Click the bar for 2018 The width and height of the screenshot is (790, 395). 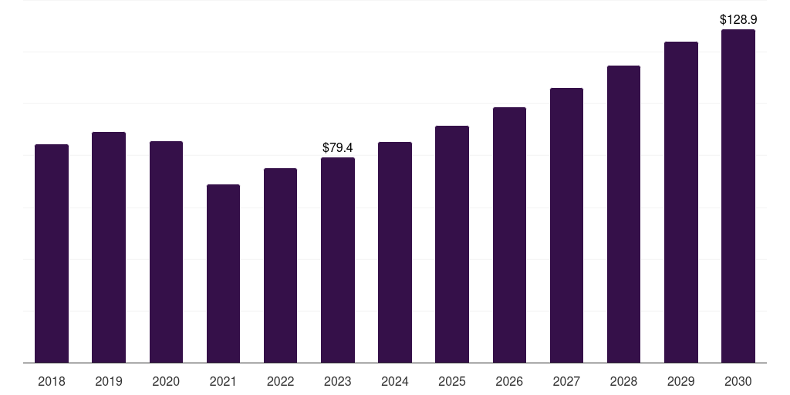52,253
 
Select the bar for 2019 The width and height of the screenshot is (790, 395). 109,248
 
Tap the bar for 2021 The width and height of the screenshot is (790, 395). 223,274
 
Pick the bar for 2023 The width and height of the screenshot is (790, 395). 338,260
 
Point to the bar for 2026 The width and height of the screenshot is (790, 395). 509,235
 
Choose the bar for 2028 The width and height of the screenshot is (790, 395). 623,214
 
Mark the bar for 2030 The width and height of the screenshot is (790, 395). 738,196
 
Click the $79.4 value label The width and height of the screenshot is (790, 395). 338,147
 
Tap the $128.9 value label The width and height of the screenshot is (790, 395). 738,19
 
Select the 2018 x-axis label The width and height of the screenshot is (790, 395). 52,381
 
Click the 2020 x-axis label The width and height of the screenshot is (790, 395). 166,381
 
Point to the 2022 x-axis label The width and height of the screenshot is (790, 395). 280,381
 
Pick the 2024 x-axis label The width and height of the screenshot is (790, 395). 394,381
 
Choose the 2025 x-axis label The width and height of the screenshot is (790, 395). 452,381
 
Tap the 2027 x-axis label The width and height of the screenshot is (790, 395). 566,381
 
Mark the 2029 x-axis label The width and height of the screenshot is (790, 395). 680,381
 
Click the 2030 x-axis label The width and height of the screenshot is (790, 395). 738,381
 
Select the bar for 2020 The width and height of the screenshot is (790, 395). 166,252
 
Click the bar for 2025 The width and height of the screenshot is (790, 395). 452,245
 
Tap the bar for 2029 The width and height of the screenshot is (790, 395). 680,202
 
